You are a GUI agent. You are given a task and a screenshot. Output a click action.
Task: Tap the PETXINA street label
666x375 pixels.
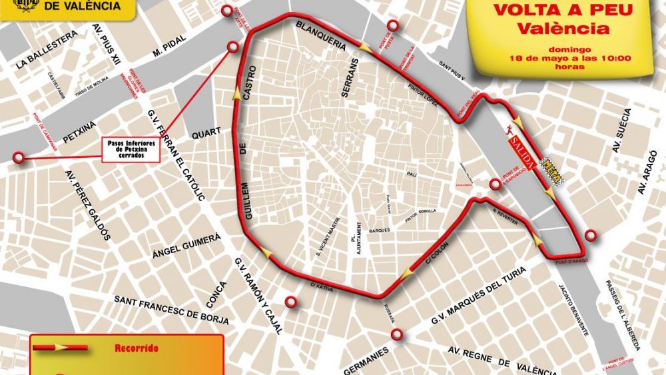pyautogui.click(x=79, y=131)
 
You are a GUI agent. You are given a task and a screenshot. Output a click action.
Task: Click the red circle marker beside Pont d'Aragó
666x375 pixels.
pyautogui.click(x=591, y=234)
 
